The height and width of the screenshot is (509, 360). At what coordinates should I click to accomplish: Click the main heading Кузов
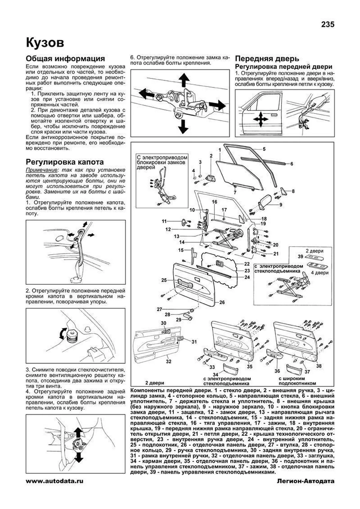(x=45, y=43)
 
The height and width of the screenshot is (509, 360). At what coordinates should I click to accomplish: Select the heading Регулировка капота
(x=65, y=162)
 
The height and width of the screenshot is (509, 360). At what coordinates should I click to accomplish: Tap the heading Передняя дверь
(x=267, y=58)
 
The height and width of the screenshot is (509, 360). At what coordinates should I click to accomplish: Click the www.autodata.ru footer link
(x=55, y=490)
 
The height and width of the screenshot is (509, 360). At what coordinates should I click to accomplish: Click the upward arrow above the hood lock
(x=184, y=79)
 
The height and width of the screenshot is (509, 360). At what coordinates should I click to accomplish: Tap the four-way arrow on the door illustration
(x=260, y=119)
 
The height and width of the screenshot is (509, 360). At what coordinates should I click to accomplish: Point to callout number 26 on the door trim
(x=222, y=302)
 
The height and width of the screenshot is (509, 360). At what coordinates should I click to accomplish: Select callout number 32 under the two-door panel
(x=169, y=362)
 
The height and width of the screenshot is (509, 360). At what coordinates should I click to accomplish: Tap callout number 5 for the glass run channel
(x=264, y=149)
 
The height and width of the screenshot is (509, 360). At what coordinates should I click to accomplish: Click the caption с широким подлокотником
(x=297, y=381)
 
